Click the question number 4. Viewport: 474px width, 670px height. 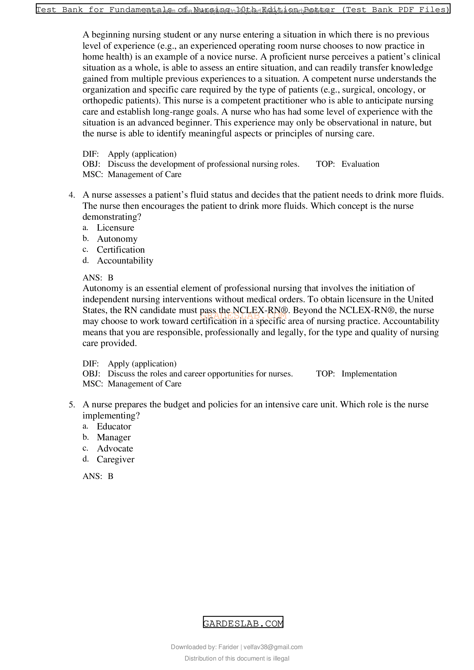pos(72,195)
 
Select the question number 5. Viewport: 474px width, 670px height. pos(72,405)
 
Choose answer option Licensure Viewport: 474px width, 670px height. pos(115,228)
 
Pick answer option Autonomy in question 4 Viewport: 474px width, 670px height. pos(117,239)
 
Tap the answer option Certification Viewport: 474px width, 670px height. pos(121,250)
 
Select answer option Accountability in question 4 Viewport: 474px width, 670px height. pos(125,261)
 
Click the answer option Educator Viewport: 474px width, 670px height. pos(114,427)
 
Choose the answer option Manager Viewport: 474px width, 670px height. pos(113,437)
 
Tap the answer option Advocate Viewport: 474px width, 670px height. pos(115,449)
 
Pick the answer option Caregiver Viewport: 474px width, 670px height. pos(115,459)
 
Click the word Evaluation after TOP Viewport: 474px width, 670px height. pos(360,164)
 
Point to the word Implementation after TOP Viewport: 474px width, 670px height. pos(369,374)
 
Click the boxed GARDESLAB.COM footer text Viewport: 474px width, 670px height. pos(243,624)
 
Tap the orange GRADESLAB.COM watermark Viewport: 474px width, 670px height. pos(243,315)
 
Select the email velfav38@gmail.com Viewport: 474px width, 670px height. pos(273,647)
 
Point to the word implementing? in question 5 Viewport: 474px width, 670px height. pos(111,416)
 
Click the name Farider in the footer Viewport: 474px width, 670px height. pos(228,647)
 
